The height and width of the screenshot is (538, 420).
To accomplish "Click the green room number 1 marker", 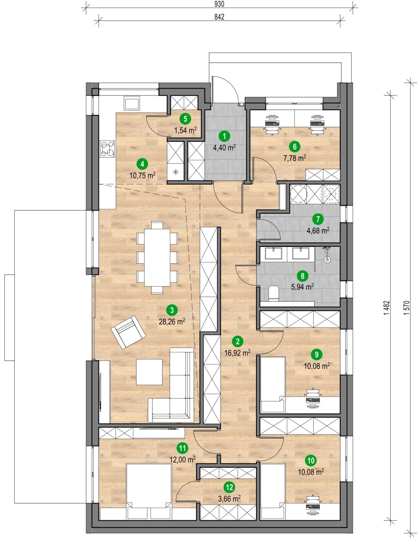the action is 224,136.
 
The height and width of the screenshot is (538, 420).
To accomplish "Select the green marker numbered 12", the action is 229,487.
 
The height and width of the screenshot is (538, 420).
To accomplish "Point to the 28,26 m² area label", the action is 172,322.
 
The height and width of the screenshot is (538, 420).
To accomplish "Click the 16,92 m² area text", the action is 238,353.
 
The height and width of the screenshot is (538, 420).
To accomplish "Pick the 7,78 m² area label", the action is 295,158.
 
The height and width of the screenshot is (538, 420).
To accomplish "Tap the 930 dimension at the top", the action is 219,4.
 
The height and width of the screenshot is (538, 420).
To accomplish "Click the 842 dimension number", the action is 219,17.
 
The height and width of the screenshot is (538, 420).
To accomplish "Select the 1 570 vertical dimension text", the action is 407,308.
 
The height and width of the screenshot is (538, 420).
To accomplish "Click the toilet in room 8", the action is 273,294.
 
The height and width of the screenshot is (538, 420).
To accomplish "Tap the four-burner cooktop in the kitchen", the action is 107,148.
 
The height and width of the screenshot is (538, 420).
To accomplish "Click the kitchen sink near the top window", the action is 132,104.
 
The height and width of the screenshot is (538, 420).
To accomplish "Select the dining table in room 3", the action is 157,257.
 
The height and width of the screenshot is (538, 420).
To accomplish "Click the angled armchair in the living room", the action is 128,332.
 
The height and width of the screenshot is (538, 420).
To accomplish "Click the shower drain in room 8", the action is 327,260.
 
